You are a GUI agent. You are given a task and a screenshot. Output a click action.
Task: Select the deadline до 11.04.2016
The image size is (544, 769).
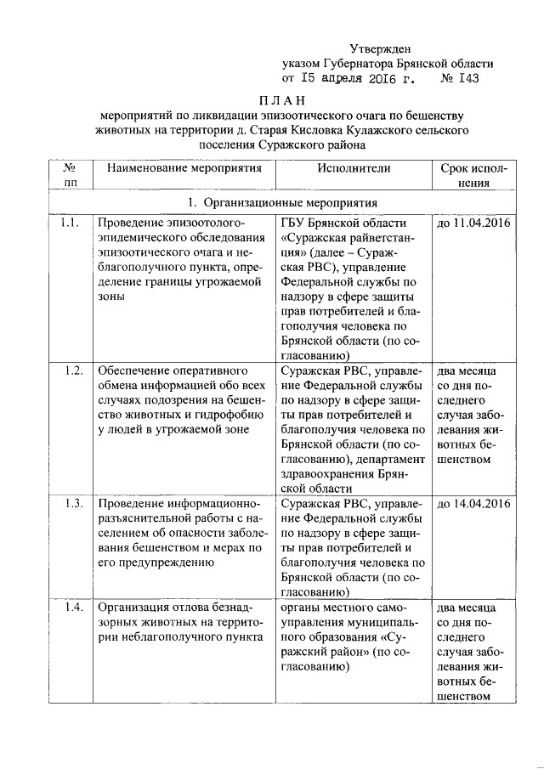pos(473,223)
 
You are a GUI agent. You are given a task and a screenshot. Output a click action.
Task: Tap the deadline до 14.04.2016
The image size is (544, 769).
pos(473,504)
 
